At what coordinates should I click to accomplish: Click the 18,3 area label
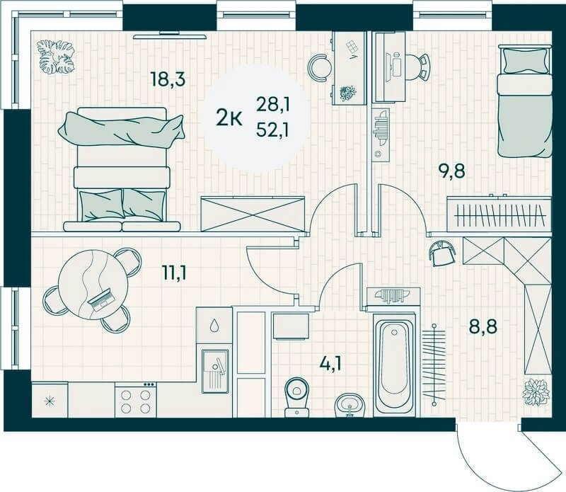(x=168, y=79)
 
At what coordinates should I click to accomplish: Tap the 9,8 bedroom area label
(x=451, y=171)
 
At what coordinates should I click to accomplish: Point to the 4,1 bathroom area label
(x=330, y=364)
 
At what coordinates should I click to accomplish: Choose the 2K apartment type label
(x=229, y=118)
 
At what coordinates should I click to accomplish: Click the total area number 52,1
(x=272, y=130)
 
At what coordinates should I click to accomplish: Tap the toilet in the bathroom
(x=296, y=397)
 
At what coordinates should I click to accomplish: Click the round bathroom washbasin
(x=350, y=405)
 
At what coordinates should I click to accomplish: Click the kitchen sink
(x=215, y=371)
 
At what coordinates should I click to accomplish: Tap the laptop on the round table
(x=102, y=299)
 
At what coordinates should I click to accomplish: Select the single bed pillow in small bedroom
(x=525, y=61)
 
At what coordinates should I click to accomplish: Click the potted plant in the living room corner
(x=56, y=57)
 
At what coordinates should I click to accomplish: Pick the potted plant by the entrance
(x=536, y=392)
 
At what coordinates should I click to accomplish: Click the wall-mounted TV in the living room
(x=169, y=36)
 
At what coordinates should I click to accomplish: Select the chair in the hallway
(x=441, y=253)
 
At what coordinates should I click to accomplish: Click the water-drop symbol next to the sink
(x=214, y=325)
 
